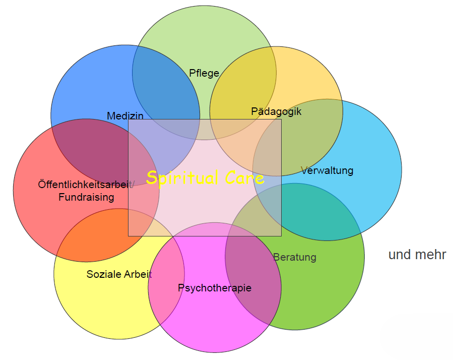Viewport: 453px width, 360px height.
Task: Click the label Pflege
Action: point(204,73)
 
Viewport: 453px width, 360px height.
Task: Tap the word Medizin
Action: point(125,115)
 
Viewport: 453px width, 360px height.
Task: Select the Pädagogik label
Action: point(276,111)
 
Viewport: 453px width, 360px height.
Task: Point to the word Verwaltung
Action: point(327,170)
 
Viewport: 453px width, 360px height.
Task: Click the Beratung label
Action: point(295,257)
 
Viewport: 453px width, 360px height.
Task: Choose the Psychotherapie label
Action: point(215,288)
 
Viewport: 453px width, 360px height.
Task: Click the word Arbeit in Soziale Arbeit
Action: point(135,274)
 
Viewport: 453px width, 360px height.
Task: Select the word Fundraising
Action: point(86,197)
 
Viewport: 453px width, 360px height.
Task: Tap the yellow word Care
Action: point(244,177)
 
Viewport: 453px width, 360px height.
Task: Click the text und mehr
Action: point(417,255)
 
